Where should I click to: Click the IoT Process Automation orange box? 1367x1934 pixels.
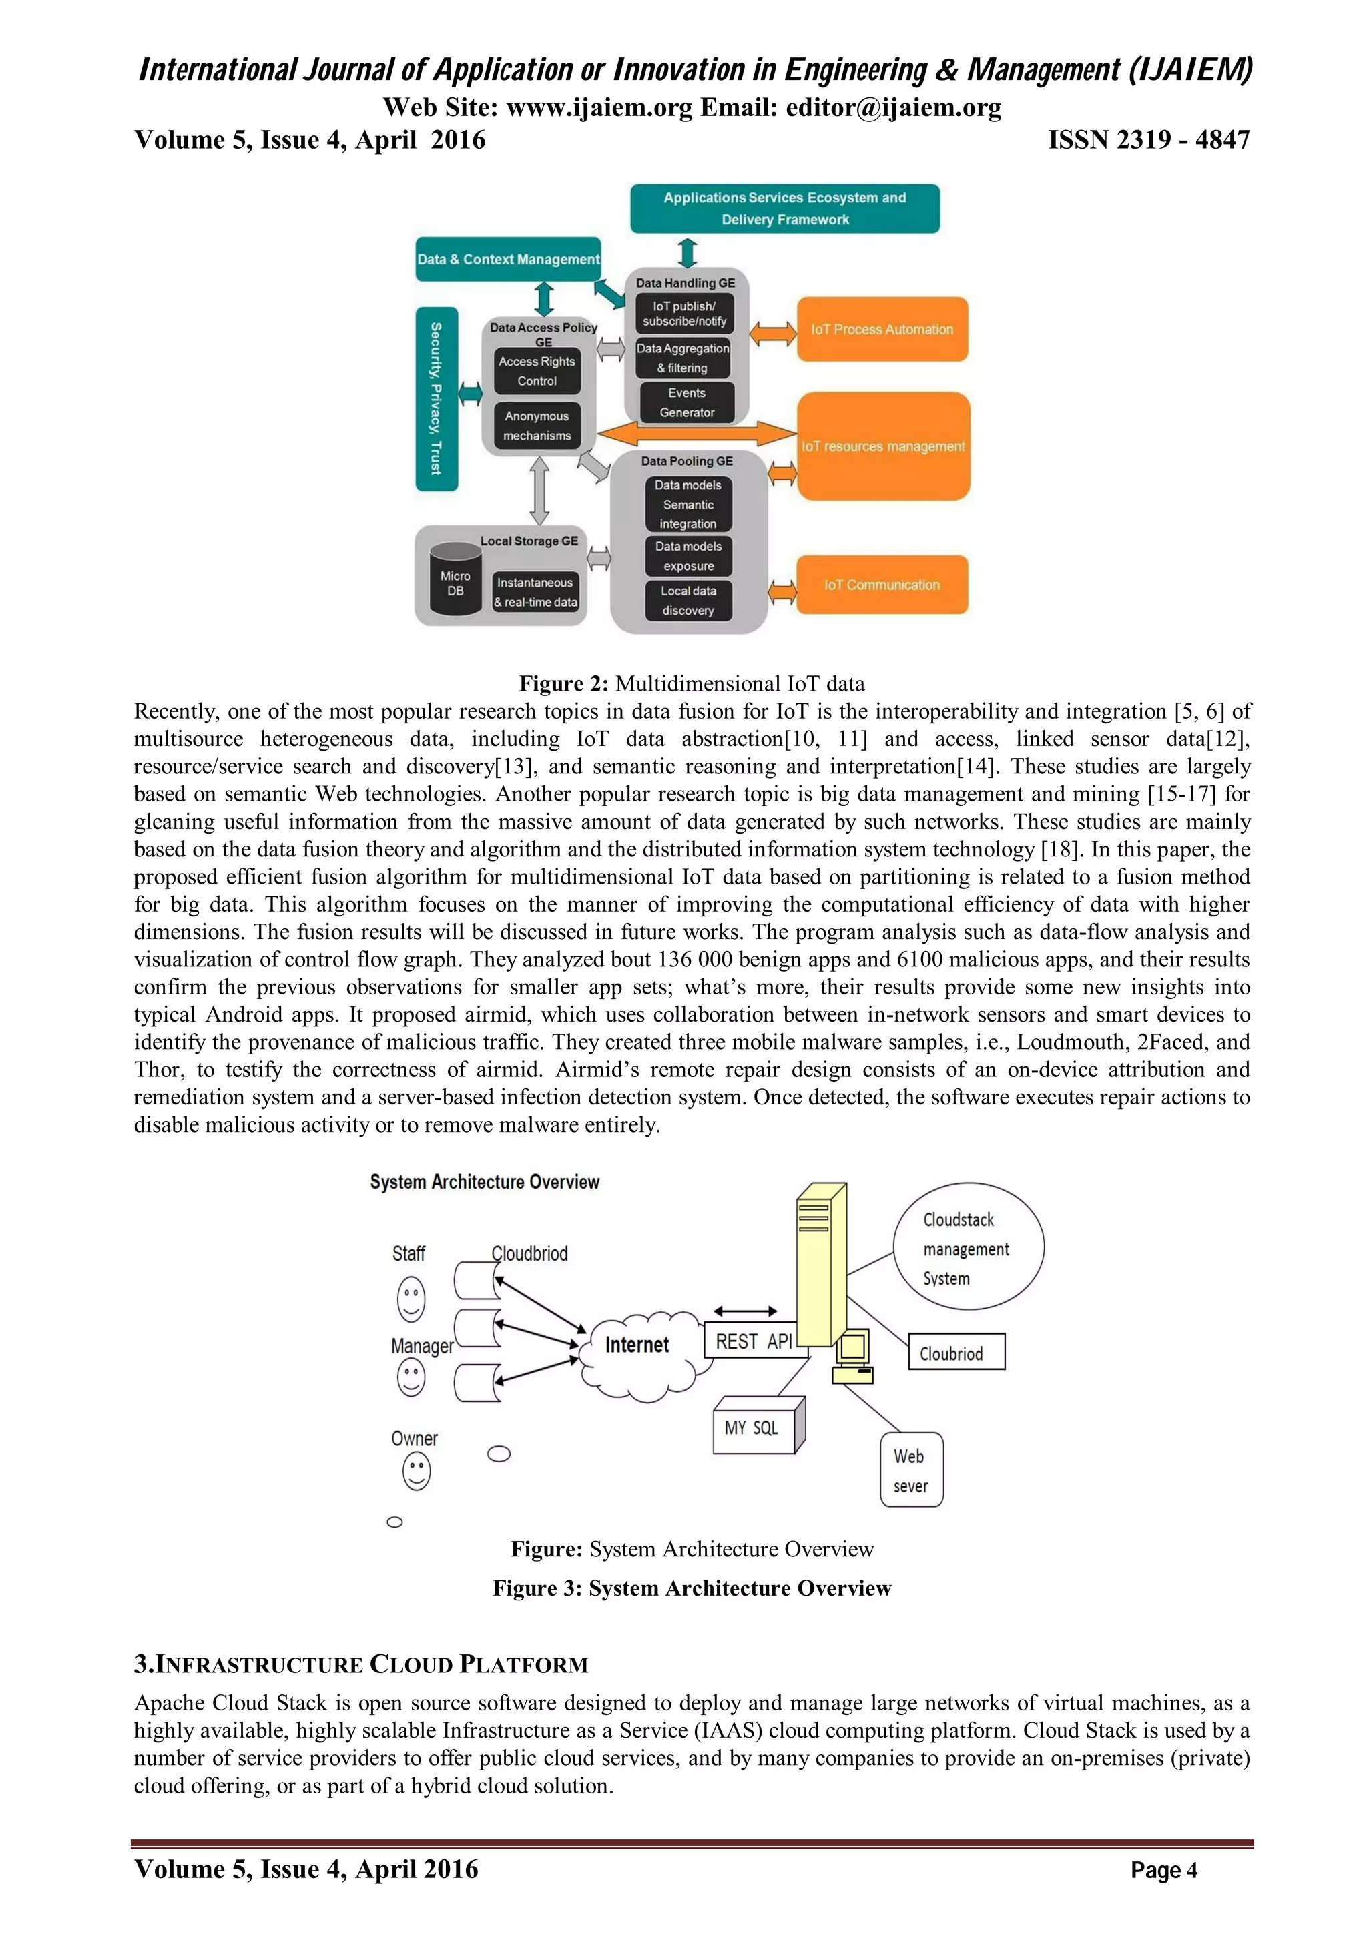click(x=882, y=330)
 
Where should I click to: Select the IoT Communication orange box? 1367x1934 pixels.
click(x=882, y=585)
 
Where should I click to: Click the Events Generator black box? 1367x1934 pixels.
click(x=686, y=402)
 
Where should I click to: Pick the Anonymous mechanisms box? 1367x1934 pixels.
click(x=537, y=426)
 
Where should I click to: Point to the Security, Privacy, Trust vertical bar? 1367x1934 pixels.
click(x=437, y=398)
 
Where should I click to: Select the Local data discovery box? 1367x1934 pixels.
click(x=688, y=601)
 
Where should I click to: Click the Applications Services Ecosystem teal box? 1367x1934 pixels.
click(x=784, y=208)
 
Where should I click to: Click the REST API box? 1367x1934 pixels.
click(x=753, y=1342)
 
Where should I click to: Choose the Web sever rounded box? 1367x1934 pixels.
click(x=911, y=1471)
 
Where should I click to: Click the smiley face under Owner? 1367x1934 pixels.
click(x=416, y=1472)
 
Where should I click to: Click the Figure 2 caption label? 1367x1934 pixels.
click(x=692, y=683)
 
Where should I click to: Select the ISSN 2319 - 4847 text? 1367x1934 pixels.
click(x=1148, y=140)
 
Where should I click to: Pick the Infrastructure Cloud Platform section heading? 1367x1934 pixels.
click(x=361, y=1664)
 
